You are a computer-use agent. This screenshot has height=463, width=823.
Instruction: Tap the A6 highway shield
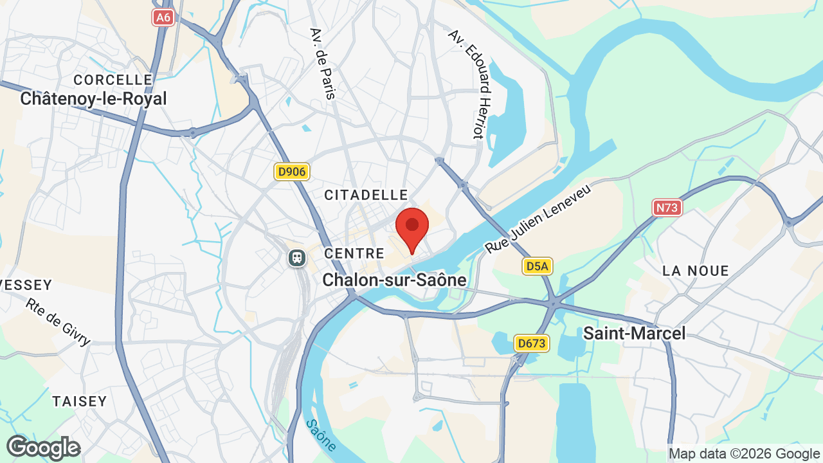163,17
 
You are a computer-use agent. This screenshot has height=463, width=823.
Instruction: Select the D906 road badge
292,172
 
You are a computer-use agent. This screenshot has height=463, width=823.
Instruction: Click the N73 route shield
667,208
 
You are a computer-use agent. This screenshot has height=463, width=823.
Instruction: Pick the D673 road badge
532,344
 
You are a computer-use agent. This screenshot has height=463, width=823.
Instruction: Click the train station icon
296,258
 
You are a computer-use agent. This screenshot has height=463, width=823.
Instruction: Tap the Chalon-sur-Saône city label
394,280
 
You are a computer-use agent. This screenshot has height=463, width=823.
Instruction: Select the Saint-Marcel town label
634,333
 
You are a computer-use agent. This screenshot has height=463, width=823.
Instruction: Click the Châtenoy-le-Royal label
93,98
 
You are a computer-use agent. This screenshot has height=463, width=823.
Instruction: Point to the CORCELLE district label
113,80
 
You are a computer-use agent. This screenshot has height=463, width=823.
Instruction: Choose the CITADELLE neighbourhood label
366,195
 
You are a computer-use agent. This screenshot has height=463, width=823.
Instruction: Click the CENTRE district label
354,253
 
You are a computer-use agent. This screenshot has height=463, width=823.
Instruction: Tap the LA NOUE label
696,271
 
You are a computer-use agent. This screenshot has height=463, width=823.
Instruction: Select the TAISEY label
80,401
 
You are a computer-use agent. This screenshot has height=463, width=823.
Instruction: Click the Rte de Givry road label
59,321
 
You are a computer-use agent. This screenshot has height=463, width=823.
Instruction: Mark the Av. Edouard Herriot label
475,84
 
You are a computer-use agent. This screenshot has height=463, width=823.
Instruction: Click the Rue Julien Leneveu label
538,217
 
